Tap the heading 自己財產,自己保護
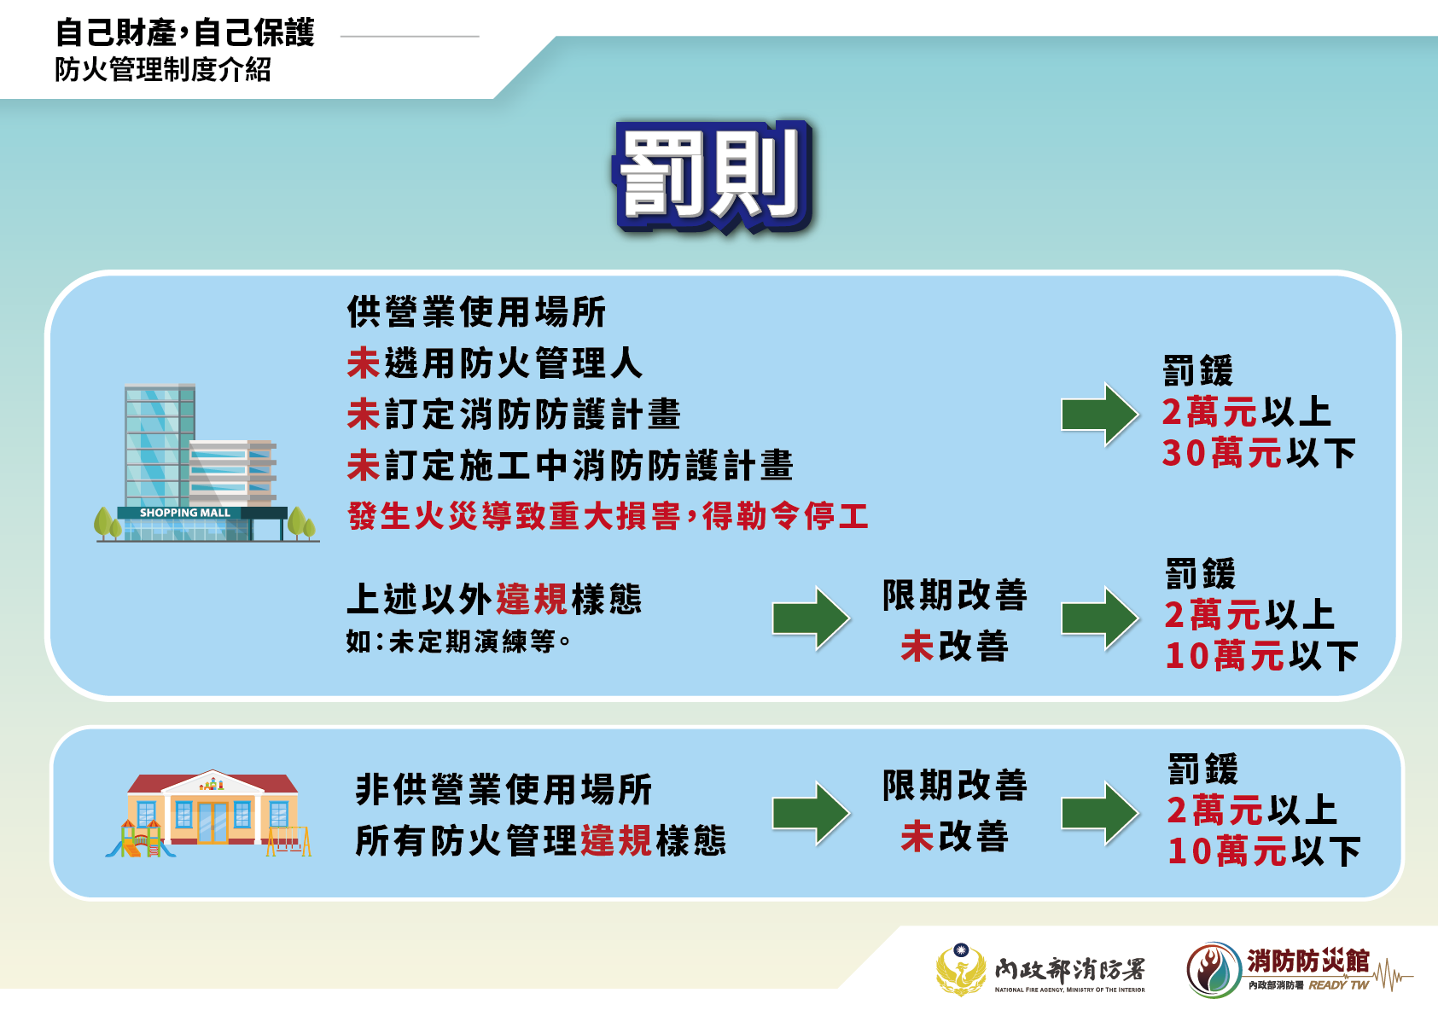point(185,32)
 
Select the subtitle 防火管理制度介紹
point(163,69)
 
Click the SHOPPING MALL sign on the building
point(185,513)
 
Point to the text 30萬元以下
point(1258,453)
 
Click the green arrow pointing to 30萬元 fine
point(1100,414)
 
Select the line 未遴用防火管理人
point(494,363)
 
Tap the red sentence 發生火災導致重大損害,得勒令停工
point(608,516)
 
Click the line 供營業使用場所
point(476,312)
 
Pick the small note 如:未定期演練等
point(458,642)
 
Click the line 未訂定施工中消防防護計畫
point(570,465)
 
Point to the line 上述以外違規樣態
point(494,599)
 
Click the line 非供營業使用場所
point(504,789)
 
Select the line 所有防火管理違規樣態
point(540,841)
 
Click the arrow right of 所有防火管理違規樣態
point(811,813)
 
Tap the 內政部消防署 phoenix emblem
point(960,969)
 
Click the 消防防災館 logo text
point(1307,961)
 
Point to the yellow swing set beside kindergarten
point(289,841)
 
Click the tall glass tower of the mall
point(160,445)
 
